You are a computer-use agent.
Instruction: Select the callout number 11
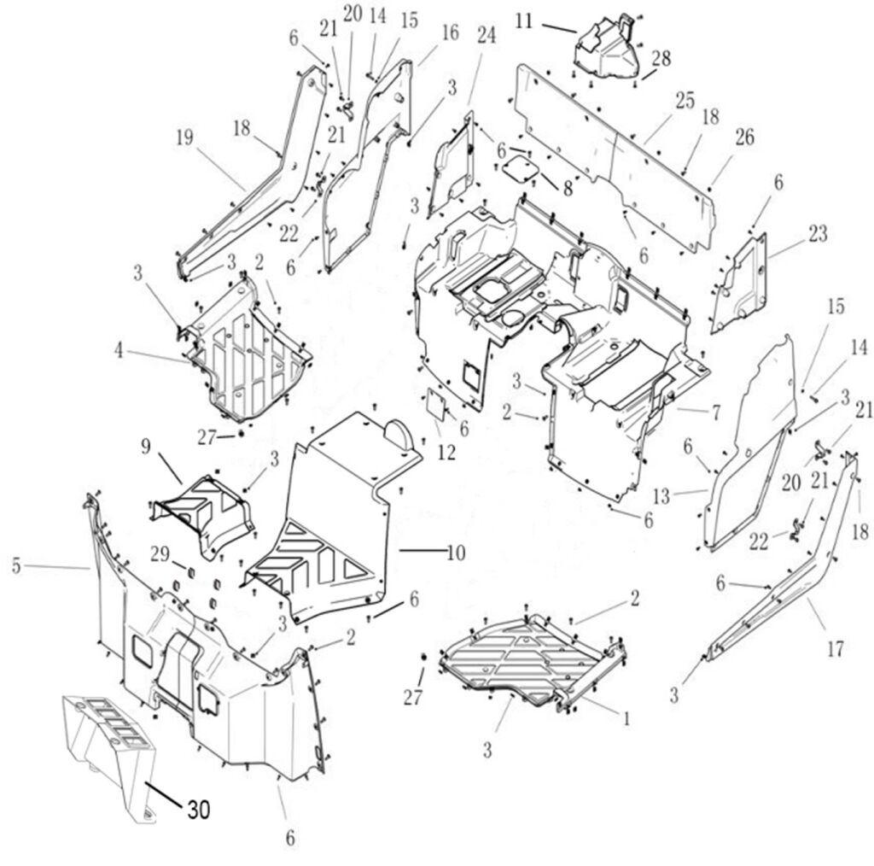tap(525, 20)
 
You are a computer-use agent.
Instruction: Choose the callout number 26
tap(744, 138)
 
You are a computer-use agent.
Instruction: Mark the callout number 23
tap(818, 234)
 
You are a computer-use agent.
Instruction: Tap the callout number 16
tap(450, 32)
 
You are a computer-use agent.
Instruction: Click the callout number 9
tap(145, 445)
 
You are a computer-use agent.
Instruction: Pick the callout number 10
tap(456, 553)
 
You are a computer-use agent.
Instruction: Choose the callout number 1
tap(626, 720)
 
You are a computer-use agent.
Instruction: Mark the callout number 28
tap(661, 59)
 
